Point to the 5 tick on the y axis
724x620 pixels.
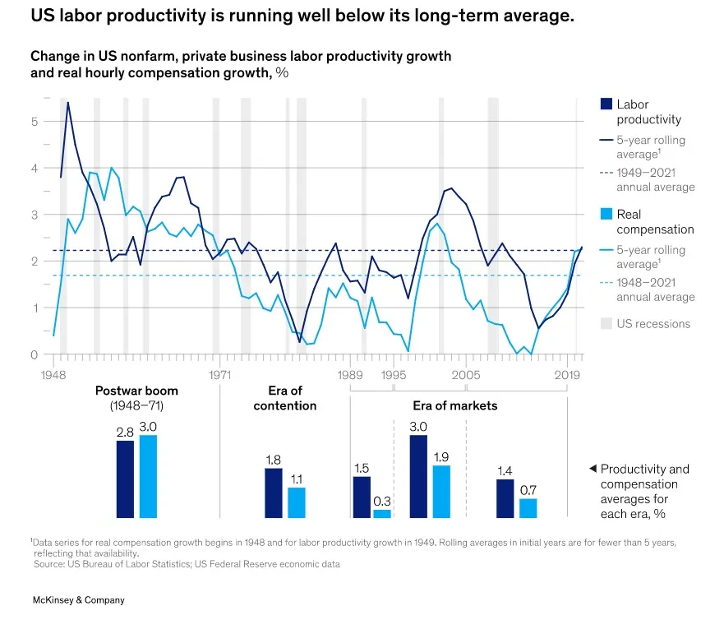click(x=35, y=122)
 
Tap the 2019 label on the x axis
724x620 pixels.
click(x=567, y=374)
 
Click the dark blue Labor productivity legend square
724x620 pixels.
click(x=606, y=104)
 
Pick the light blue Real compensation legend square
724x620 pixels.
click(x=606, y=215)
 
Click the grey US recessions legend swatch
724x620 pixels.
click(x=606, y=324)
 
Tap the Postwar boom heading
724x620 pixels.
click(x=136, y=391)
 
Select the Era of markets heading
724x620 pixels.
click(x=454, y=405)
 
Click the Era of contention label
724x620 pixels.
click(x=285, y=398)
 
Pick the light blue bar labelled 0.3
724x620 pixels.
click(x=383, y=514)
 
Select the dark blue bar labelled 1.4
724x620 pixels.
click(x=505, y=498)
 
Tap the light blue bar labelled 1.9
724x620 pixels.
click(x=441, y=492)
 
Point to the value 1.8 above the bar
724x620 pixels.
click(x=273, y=459)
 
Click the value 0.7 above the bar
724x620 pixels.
click(x=528, y=489)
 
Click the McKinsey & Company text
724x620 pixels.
click(x=79, y=600)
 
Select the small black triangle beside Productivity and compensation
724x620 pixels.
click(x=593, y=469)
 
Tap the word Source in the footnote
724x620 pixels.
click(x=48, y=564)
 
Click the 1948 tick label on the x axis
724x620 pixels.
click(x=53, y=374)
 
